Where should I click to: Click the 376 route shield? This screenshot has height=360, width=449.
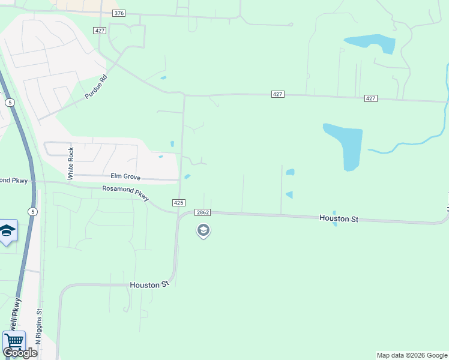[x=119, y=13]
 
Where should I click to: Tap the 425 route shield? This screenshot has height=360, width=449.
[x=178, y=203]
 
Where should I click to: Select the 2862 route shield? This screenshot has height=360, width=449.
[x=203, y=212]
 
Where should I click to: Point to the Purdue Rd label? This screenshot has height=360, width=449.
[x=95, y=86]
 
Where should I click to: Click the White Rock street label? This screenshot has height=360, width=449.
[x=71, y=163]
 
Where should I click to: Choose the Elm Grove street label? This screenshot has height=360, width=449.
[x=125, y=176]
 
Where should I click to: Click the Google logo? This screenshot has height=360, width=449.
[x=19, y=352]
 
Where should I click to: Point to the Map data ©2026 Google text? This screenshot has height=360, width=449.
[x=412, y=355]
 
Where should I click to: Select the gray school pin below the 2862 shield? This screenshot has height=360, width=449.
[x=203, y=230]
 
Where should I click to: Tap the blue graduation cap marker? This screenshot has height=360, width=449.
[x=7, y=231]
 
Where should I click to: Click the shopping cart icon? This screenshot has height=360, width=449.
[x=14, y=341]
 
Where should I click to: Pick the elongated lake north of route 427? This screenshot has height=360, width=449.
[x=370, y=44]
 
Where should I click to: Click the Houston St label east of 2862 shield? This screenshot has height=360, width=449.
[x=339, y=218]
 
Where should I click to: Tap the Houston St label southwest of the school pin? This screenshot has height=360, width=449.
[x=149, y=285]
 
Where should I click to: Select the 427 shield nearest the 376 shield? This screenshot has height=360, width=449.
[x=100, y=30]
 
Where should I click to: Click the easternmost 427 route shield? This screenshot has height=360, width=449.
[x=370, y=98]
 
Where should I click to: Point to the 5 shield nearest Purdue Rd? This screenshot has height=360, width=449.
[x=10, y=103]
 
